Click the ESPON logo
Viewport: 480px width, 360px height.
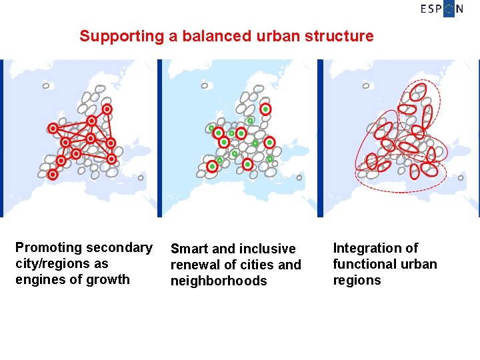[x=442, y=9]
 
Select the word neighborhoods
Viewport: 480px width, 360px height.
[x=219, y=281]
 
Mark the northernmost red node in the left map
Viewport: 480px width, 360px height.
[x=107, y=109]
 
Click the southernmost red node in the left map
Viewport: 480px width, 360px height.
[x=53, y=175]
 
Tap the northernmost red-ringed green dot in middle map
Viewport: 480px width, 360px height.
[x=265, y=109]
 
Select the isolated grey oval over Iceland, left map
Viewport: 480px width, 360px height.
[x=46, y=85]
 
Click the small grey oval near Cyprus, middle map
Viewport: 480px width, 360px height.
[x=299, y=177]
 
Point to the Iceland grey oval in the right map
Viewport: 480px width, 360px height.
[x=365, y=85]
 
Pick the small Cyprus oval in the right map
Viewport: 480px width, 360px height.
[x=461, y=177]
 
